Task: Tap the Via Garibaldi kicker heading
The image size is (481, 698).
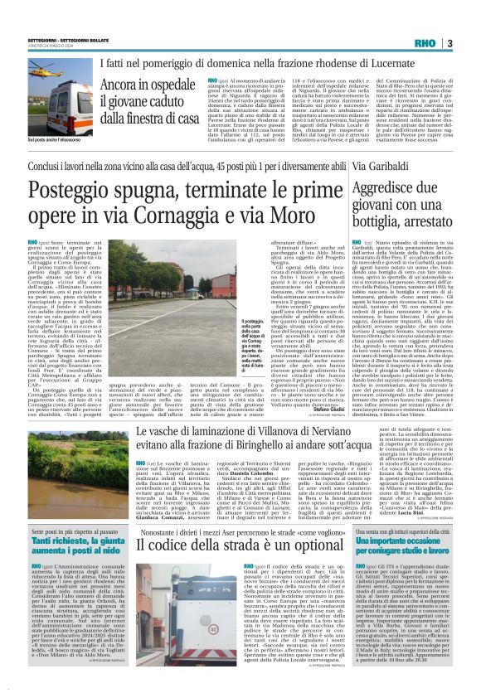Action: (380, 167)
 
